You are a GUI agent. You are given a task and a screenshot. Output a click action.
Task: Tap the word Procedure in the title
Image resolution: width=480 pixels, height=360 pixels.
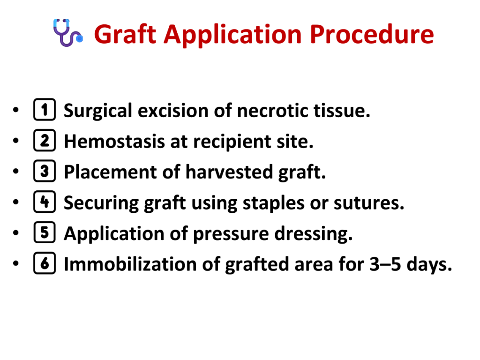click(x=372, y=34)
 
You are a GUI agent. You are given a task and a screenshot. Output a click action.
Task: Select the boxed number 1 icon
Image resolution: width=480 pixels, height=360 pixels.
click(x=45, y=109)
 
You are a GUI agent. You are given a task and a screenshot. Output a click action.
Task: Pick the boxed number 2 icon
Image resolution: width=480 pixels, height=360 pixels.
click(x=45, y=141)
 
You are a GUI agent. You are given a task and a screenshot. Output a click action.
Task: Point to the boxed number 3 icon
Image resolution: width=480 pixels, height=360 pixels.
click(x=45, y=171)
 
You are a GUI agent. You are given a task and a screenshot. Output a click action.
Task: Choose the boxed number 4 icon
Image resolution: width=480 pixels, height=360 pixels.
click(x=45, y=202)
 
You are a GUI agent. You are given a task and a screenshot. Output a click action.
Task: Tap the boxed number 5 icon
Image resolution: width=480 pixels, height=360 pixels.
click(x=45, y=232)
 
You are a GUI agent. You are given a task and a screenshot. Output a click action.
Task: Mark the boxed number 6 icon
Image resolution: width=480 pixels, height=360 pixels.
click(x=45, y=263)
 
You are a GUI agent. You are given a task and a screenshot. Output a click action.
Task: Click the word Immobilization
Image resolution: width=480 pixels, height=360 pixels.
click(x=130, y=264)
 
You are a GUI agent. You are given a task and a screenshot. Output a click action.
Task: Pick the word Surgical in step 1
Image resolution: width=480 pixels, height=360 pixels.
click(x=97, y=111)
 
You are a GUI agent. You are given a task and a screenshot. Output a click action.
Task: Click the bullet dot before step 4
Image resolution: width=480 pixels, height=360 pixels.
click(x=16, y=202)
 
